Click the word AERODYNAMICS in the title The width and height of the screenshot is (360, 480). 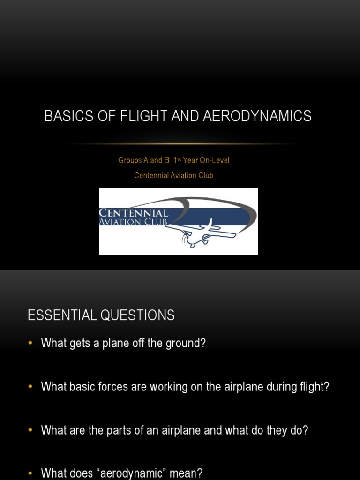[x=257, y=116]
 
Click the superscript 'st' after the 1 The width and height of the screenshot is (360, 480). [x=179, y=158]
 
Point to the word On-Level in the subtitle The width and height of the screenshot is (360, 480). [x=215, y=160]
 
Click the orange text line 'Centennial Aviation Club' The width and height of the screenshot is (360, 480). [x=173, y=175]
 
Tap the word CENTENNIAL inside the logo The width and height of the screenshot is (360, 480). [x=134, y=213]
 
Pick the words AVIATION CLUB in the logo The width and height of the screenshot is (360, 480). [x=133, y=222]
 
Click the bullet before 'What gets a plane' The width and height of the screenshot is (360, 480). [x=31, y=343]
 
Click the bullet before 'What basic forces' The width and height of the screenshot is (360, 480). [x=31, y=387]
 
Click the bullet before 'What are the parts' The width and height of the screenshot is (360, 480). [x=31, y=430]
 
